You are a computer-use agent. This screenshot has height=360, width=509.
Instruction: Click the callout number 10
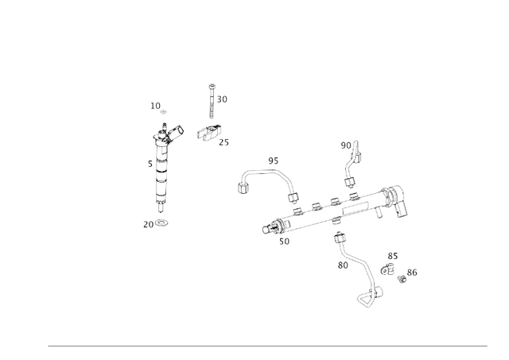155,106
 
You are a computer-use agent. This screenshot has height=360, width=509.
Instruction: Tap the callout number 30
222,99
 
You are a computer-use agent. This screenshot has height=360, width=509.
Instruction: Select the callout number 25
223,142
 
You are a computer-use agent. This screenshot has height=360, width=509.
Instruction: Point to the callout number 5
150,164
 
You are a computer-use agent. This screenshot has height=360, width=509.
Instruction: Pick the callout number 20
148,225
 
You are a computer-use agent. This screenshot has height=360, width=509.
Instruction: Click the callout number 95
273,161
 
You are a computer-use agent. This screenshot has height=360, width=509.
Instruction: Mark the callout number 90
346,145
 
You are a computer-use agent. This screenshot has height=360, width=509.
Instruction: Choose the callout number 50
284,242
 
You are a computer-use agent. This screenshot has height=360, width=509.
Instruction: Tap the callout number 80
343,265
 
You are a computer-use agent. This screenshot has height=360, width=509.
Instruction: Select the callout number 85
393,256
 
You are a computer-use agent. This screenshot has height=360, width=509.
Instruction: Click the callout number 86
412,273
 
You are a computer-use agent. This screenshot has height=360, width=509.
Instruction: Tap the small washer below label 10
163,112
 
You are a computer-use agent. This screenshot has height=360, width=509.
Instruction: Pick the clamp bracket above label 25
213,134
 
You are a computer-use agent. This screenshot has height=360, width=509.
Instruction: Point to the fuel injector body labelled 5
163,171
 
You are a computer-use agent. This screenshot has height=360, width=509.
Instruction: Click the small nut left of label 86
402,277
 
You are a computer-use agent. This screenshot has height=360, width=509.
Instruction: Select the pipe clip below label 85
387,269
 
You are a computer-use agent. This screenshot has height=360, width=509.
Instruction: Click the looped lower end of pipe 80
365,300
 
